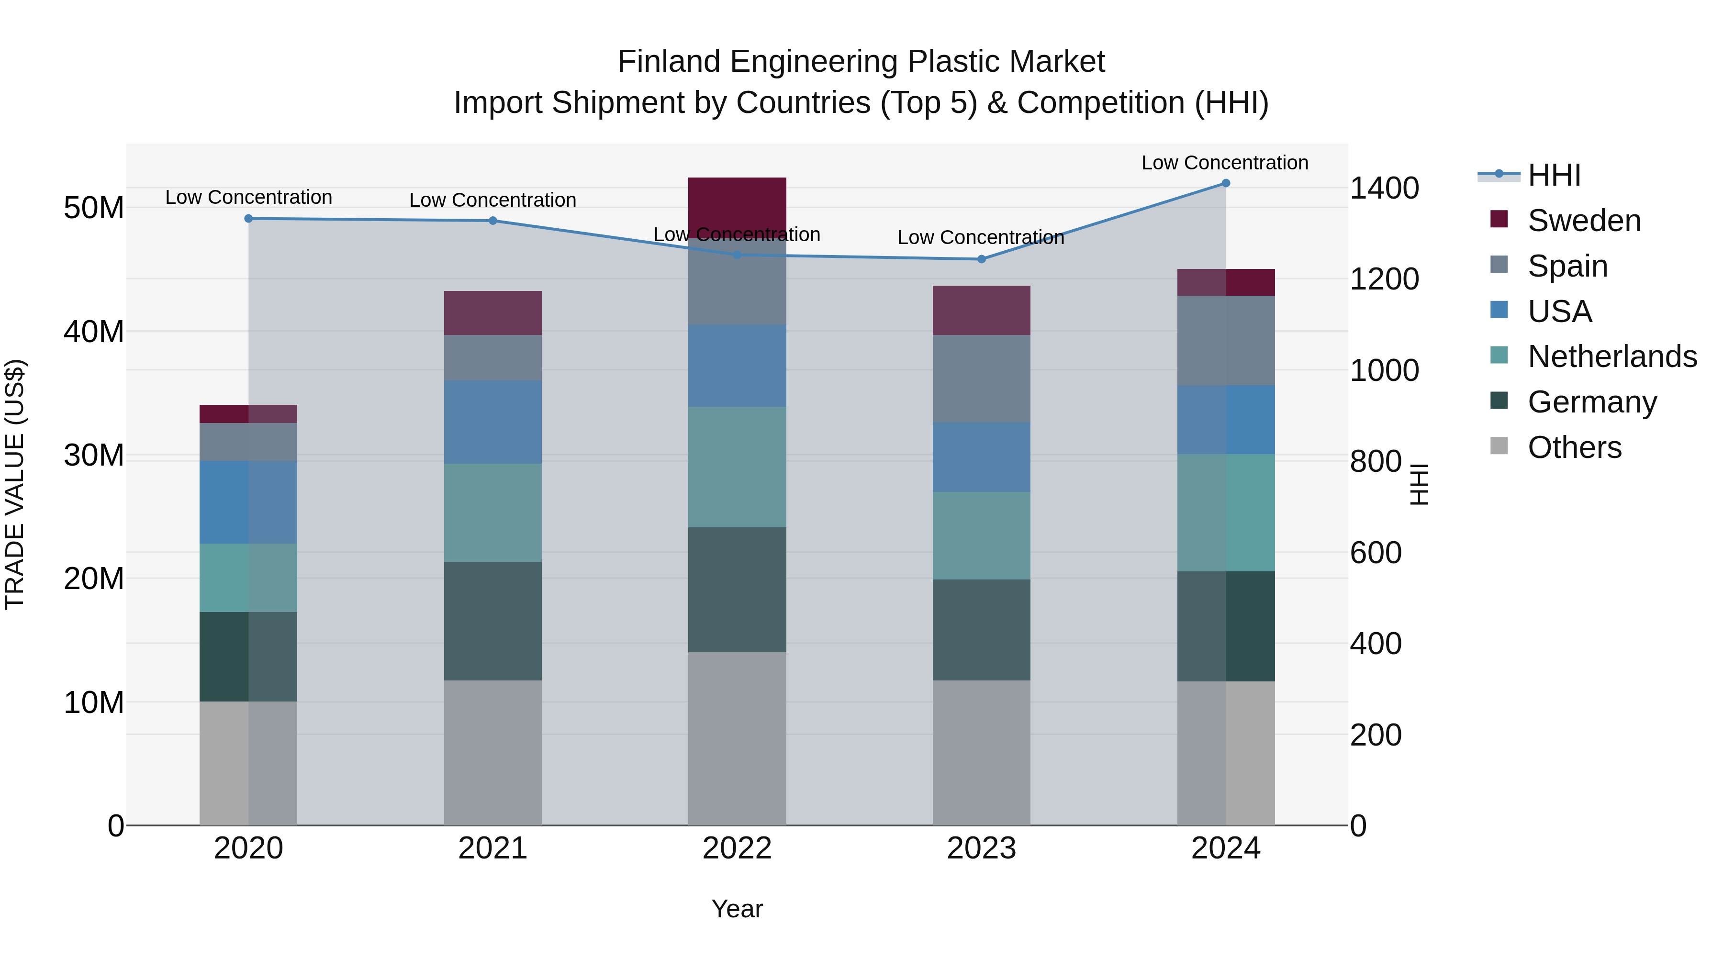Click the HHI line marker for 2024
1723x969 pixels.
click(1225, 183)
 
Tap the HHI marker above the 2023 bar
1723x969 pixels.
click(981, 259)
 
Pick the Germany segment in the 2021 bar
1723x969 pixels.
click(493, 621)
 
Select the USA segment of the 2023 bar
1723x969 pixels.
click(981, 457)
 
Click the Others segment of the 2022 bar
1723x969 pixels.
click(737, 738)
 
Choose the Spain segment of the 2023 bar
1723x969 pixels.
click(981, 379)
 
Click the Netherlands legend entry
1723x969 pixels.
click(1612, 356)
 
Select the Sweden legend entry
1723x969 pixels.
click(1584, 221)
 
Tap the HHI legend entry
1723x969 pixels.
click(1554, 175)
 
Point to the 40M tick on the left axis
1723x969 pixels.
click(94, 332)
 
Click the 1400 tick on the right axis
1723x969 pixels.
click(1384, 188)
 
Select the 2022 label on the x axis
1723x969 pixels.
click(737, 848)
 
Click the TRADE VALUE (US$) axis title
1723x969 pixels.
click(15, 484)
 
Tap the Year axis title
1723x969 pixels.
click(737, 909)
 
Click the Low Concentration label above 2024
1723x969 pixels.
click(1225, 163)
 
